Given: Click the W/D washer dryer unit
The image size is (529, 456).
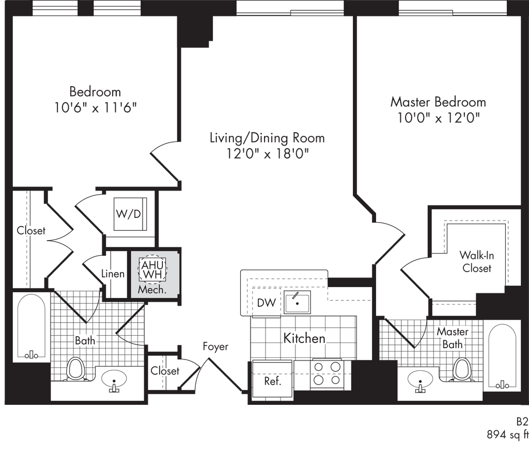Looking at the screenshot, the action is tap(130, 214).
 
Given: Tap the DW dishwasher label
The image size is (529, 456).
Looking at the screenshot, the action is tap(266, 303).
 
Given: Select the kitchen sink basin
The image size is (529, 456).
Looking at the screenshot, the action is tap(297, 302).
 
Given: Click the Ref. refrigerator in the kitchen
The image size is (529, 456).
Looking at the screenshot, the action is tap(273, 378).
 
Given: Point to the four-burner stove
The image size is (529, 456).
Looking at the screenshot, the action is tap(326, 374).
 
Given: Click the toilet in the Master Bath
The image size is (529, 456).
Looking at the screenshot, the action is tap(461, 369).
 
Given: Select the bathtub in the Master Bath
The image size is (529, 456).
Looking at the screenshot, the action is tap(502, 355).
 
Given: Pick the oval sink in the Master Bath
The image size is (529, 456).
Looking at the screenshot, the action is tap(421, 380).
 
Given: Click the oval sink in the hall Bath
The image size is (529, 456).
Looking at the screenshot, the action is tap(114, 379).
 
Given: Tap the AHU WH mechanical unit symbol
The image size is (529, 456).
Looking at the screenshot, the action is tap(152, 269).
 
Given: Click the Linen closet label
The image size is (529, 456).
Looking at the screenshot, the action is tap(113, 274).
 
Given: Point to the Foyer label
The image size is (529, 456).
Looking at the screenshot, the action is tap(215, 347).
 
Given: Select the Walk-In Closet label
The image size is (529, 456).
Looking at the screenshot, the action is tap(477, 261).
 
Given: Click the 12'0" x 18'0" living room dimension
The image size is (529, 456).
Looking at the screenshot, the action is tap(267, 154).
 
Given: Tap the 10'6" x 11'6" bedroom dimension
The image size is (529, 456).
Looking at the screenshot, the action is tap(96, 107).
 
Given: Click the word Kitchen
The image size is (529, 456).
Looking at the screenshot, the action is tap(304, 338).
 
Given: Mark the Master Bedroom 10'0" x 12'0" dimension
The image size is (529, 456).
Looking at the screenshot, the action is tap(438, 118).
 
